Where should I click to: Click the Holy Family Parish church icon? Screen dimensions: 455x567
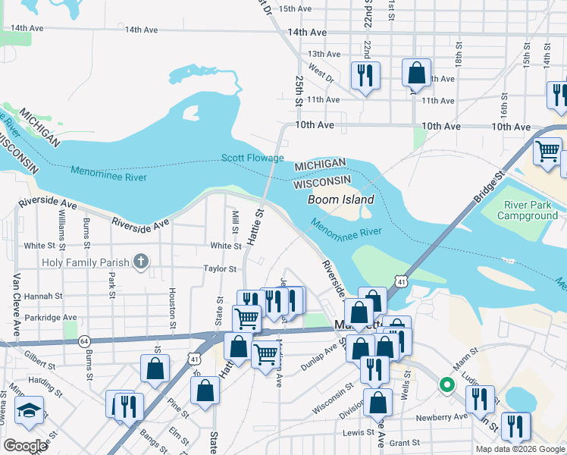pyautogui.click(x=139, y=262)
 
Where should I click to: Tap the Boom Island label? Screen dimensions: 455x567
pyautogui.click(x=340, y=199)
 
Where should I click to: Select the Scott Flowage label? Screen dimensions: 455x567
pyautogui.click(x=252, y=158)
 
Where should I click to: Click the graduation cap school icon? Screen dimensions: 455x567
pyautogui.click(x=29, y=410)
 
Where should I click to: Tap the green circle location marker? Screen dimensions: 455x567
pyautogui.click(x=447, y=384)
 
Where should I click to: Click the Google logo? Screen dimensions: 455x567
pyautogui.click(x=25, y=446)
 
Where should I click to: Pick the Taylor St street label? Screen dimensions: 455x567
pyautogui.click(x=220, y=268)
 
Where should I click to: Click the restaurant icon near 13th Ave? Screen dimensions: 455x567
pyautogui.click(x=365, y=74)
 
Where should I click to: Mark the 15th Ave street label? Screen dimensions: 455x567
pyautogui.click(x=296, y=9)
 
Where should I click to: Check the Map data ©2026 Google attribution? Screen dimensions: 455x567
pyautogui.click(x=520, y=449)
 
